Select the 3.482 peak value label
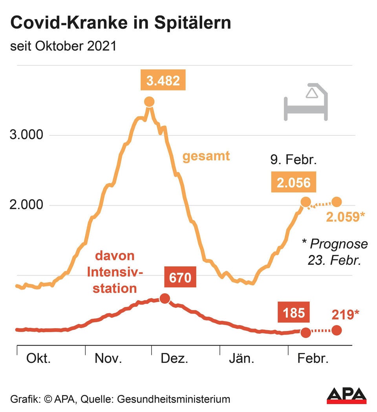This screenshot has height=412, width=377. point(163,81)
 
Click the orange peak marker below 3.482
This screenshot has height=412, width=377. point(149,102)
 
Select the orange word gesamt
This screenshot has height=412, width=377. point(206,156)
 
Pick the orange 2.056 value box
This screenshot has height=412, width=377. point(293,183)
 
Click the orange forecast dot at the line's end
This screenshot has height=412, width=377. point(337,202)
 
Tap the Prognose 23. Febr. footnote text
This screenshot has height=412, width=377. point(335,252)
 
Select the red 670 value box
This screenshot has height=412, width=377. point(180,278)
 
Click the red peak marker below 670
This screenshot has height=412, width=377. point(165,299)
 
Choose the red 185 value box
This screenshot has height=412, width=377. point(294,313)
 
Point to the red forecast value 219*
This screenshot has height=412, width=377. point(345,314)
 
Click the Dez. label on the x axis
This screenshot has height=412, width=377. point(175,359)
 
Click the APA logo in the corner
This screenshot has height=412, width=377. point(346,395)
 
